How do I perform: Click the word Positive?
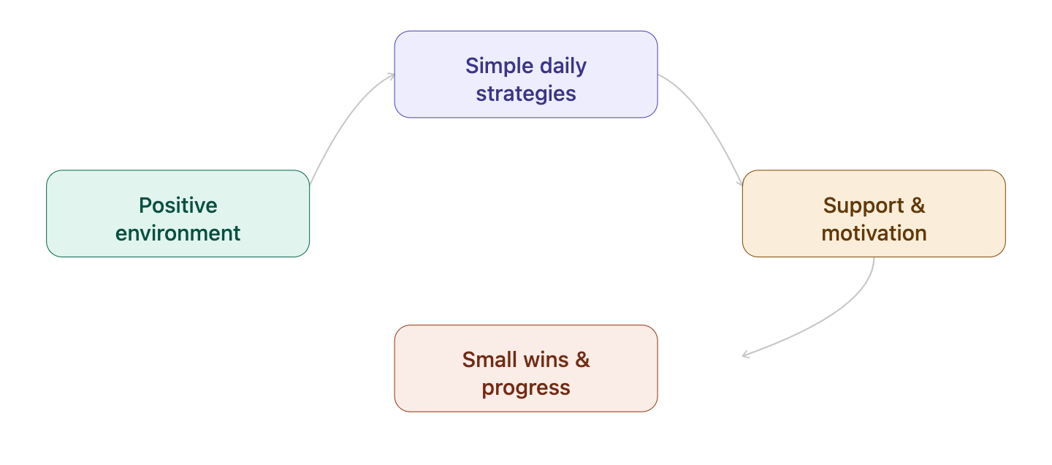point(178,205)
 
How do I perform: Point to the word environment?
point(178,233)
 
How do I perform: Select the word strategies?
point(526,94)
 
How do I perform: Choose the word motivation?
point(874,233)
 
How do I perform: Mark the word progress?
point(526,387)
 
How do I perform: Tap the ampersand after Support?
point(918,205)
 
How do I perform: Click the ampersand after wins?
point(582,360)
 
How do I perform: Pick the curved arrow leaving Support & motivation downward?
point(840,314)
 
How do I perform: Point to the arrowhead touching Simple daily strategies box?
point(390,75)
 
